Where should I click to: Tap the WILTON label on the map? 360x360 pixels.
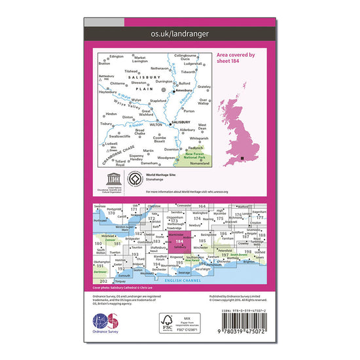(x=156, y=120)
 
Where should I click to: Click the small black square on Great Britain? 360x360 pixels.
(x=243, y=158)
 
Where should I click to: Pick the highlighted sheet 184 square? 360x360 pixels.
(x=179, y=243)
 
